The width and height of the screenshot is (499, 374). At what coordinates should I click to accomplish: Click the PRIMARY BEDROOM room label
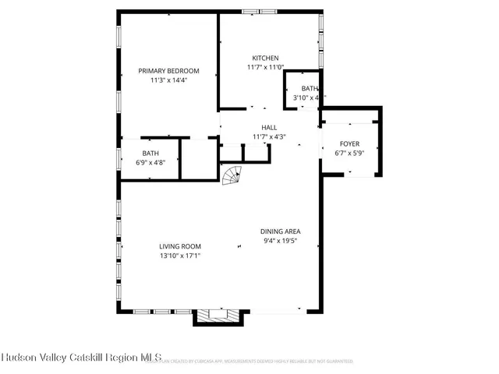169,70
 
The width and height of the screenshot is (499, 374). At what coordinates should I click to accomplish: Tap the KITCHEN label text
265,58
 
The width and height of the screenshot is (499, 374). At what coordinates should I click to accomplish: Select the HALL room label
269,128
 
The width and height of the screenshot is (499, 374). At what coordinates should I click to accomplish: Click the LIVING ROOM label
180,246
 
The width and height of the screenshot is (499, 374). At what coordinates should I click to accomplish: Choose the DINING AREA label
281,231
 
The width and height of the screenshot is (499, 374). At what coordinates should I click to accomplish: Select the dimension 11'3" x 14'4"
169,79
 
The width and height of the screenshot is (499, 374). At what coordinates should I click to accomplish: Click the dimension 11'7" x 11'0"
265,68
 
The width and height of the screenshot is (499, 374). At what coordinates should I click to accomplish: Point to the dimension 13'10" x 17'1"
180,256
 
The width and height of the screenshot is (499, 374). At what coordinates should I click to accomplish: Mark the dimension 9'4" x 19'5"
281,241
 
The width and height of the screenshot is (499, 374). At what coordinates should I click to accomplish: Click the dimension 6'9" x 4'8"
150,163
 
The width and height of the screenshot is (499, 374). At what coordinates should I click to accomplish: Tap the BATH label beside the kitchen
310,89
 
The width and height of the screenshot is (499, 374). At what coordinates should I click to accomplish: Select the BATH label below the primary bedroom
150,153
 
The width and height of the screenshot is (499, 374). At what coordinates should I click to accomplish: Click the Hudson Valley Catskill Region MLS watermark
81,358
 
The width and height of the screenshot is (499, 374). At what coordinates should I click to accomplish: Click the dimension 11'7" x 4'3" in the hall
269,137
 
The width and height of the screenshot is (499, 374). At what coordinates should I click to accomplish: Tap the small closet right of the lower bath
199,160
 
